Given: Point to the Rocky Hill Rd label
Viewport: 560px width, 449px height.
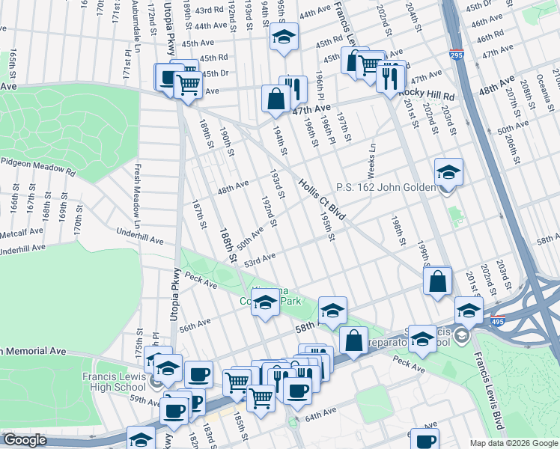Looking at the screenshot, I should coord(426,96).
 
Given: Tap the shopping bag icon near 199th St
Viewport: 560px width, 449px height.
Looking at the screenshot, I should coord(437,281).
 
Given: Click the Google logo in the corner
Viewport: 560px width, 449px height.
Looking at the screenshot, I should coord(25,440).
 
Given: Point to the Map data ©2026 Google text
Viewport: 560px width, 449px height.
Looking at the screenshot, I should coord(513,443).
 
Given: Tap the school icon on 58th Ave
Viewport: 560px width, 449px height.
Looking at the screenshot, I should coord(332,309).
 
